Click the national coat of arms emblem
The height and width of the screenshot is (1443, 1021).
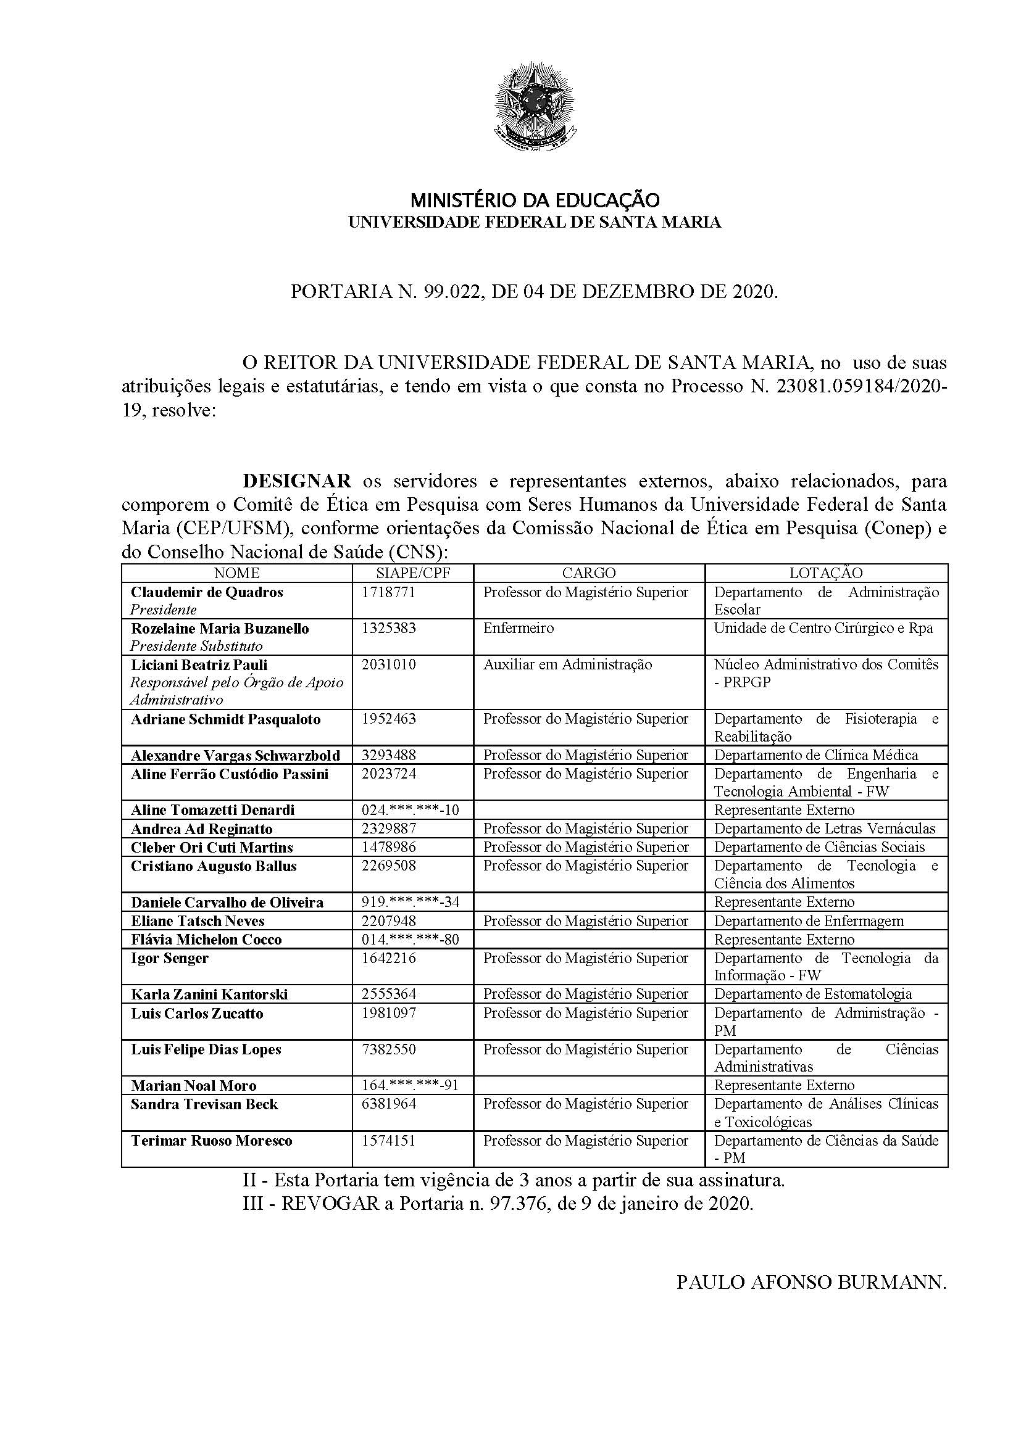click(535, 106)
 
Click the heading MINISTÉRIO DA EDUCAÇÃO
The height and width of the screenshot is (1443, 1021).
click(535, 201)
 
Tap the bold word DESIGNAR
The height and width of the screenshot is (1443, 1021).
click(298, 481)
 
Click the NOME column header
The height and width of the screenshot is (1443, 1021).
click(236, 573)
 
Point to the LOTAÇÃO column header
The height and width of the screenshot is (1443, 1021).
click(826, 573)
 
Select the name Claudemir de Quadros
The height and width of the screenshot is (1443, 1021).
click(207, 592)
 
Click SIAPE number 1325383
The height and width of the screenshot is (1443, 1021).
click(388, 629)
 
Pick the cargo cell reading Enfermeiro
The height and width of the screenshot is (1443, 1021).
click(519, 629)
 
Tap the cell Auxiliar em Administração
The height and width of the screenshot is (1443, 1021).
click(568, 664)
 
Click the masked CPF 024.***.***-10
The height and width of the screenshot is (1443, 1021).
click(410, 810)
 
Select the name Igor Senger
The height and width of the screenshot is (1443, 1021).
click(170, 958)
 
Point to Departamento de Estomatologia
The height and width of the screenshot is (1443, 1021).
click(813, 994)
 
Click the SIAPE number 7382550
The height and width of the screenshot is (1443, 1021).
click(388, 1049)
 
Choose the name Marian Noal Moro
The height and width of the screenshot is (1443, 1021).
click(194, 1085)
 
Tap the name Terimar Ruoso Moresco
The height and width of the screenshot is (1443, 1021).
click(211, 1141)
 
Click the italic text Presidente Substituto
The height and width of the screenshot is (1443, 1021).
click(196, 646)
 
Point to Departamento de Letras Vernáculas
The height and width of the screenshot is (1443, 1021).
click(825, 829)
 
